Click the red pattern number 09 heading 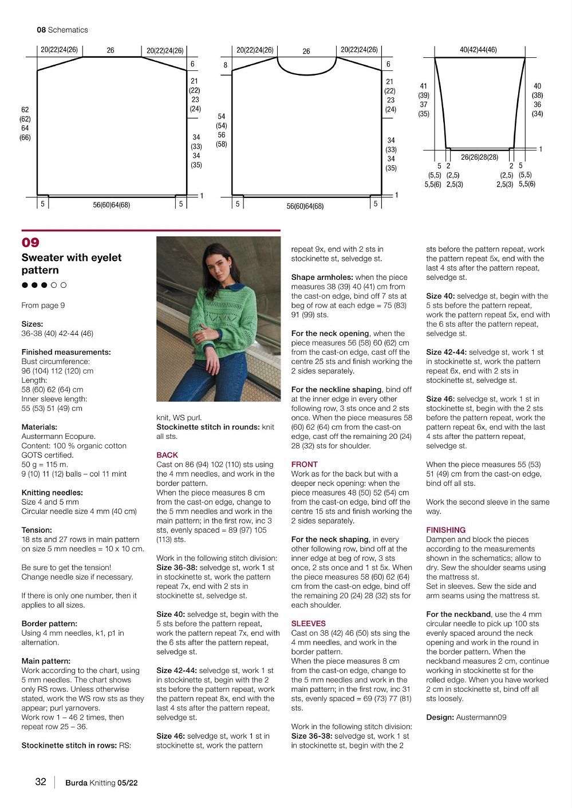pos(30,243)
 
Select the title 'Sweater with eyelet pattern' pos(71,264)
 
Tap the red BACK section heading pos(167,455)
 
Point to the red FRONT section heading pos(304,464)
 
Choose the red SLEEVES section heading pos(308,623)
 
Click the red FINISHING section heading pos(445,530)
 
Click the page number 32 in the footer pos(40,782)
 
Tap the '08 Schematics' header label pos(62,30)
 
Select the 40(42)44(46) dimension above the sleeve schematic pos(478,50)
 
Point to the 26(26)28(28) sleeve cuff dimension pos(479,157)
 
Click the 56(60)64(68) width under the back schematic pos(111,204)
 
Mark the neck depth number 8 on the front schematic pos(226,65)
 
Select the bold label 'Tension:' pos(37,530)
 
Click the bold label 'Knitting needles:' pos(52,492)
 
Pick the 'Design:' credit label pos(439,717)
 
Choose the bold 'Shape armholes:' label pos(321,277)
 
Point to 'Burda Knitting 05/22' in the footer pos(101,783)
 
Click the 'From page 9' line pos(43,305)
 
